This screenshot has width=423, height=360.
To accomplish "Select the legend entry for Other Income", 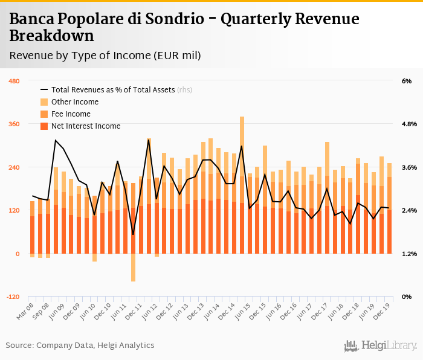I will [x=74, y=101].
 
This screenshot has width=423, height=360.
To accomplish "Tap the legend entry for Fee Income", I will [x=71, y=114].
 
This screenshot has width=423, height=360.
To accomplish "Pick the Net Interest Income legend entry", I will [x=86, y=126].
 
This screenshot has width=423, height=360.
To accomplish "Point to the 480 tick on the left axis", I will [x=13, y=81].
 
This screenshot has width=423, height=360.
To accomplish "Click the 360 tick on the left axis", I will [x=13, y=124].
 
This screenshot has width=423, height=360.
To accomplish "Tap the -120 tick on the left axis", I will [x=13, y=297].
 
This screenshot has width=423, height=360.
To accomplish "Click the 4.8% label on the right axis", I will [x=409, y=124].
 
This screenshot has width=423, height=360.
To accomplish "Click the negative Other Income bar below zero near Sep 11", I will [x=133, y=268].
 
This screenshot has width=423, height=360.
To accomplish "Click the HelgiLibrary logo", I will [x=381, y=346].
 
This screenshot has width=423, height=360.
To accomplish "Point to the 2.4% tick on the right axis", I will [x=409, y=211].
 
